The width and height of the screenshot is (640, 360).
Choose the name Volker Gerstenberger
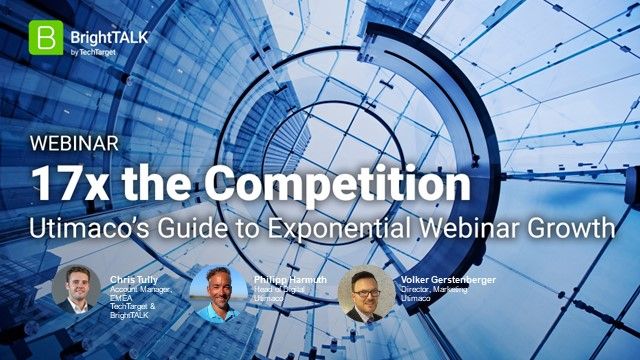[448, 267]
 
